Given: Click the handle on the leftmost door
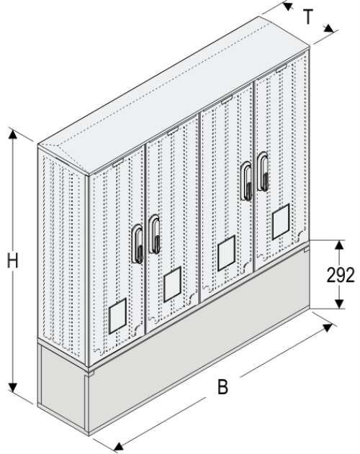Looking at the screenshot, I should tap(136, 242).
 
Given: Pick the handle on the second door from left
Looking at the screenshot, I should tap(155, 235).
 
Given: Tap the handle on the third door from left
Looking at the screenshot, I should tap(246, 180).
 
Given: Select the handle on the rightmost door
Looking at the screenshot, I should tap(263, 173).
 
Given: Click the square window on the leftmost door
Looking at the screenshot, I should tap(117, 317).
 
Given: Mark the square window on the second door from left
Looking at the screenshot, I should tap(171, 286).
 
